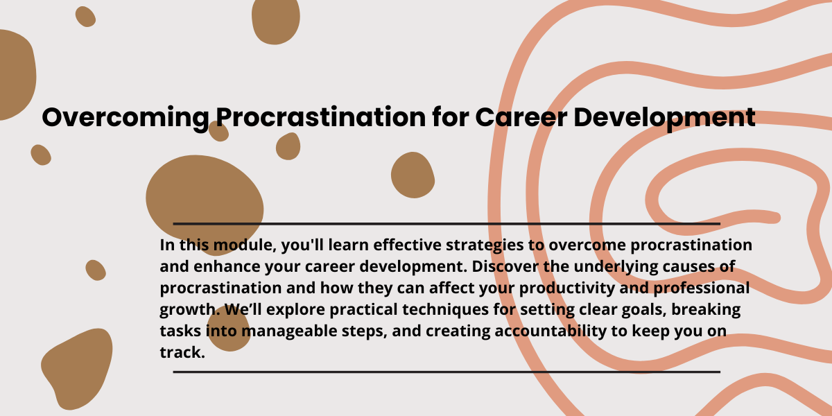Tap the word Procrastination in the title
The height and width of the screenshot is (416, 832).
tap(321, 117)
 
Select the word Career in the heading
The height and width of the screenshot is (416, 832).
tap(521, 118)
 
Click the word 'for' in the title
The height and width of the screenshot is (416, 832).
tap(451, 117)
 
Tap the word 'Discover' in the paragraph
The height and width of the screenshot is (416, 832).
tap(505, 267)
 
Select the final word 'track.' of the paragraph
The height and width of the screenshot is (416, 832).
tap(182, 352)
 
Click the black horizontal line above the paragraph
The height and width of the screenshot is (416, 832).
tap(447, 224)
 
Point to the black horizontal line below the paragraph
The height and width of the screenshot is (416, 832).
tap(447, 372)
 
